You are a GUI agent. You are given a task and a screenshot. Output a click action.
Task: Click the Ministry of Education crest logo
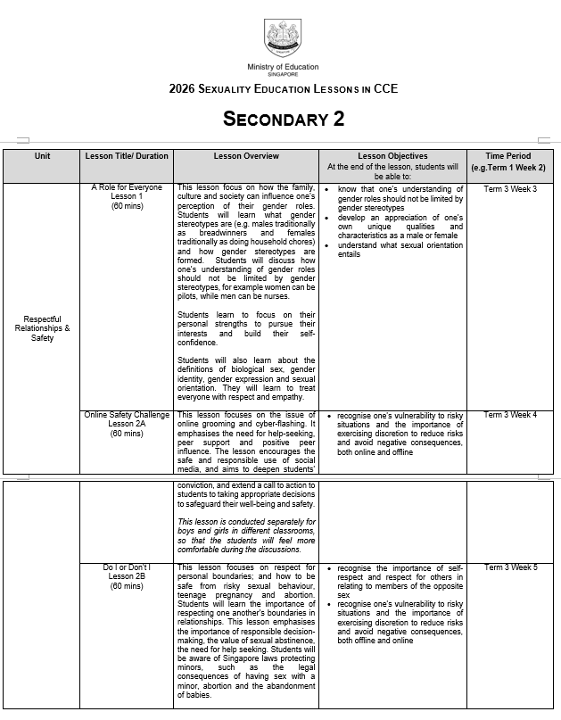tap(283, 38)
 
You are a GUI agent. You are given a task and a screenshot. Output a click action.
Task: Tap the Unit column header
tap(42, 157)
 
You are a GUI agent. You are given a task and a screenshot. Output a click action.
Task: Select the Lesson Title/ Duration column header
tap(126, 157)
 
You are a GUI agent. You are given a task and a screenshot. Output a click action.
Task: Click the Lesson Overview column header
tap(246, 157)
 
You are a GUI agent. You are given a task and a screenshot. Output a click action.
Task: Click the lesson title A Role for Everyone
tap(127, 189)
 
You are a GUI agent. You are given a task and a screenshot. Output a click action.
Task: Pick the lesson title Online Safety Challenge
tap(127, 415)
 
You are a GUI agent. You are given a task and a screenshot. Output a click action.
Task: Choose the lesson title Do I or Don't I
tap(127, 567)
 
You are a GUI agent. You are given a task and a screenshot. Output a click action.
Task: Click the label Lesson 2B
tap(127, 576)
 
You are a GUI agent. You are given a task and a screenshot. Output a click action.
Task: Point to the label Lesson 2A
tap(127, 424)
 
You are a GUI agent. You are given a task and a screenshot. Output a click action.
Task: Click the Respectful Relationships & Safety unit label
tap(42, 328)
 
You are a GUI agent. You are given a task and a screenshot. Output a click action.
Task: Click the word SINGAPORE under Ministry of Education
tap(283, 75)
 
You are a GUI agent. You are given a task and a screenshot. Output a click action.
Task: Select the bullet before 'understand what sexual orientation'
tap(329, 245)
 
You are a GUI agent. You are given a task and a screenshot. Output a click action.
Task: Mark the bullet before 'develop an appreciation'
tap(329, 218)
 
